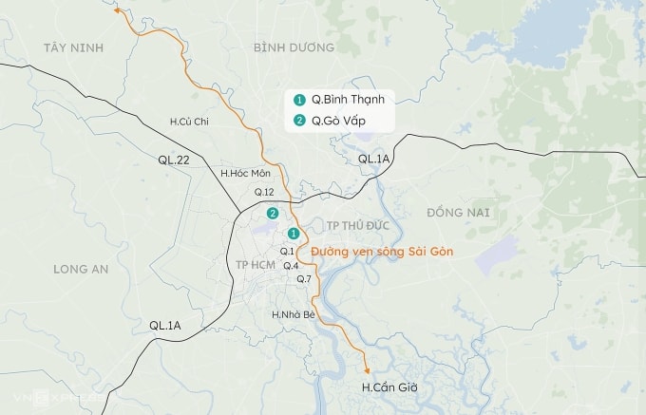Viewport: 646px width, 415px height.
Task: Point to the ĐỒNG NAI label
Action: coord(458,212)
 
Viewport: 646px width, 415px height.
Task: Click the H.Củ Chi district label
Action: coord(188,122)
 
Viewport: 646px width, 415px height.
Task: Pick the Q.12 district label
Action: coord(263,192)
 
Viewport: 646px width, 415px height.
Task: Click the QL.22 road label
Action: coord(175,160)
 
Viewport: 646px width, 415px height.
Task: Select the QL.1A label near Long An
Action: coord(164,326)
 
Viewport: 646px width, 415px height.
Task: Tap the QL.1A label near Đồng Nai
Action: coord(374,160)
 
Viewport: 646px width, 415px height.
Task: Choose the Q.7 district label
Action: coord(304,279)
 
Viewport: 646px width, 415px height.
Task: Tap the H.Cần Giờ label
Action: coord(390,388)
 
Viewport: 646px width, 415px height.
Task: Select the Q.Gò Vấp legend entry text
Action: coord(338,121)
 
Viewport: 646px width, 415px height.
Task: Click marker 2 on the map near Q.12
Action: coord(273,213)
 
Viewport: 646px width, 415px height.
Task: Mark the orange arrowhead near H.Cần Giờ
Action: coord(367,370)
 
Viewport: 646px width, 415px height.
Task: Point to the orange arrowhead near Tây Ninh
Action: coord(117,11)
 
